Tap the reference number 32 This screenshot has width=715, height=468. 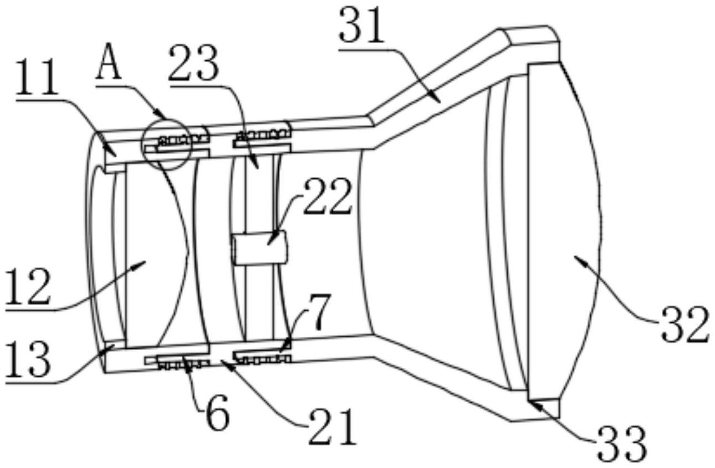point(684,325)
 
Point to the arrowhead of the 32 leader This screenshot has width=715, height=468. point(575,257)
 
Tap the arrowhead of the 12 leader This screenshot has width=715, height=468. point(145,261)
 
